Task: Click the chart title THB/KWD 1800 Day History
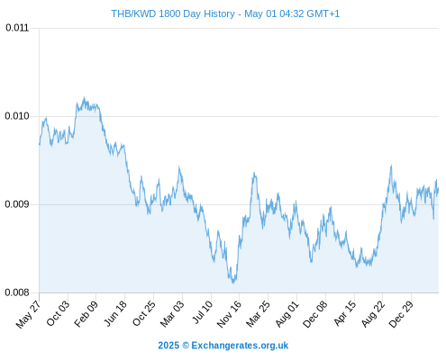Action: pos(173,13)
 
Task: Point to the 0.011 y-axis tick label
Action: pos(17,28)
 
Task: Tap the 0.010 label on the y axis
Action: pos(17,116)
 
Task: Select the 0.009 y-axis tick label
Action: pos(17,204)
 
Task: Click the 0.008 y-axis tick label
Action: pos(17,292)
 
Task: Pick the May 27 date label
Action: pos(28,314)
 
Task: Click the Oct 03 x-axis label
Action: pos(58,313)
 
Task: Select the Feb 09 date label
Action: pos(86,313)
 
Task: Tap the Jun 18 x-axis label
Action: pos(115,313)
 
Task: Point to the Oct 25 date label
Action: pos(144,313)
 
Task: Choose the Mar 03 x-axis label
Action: pos(172,313)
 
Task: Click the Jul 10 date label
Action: pos(203,311)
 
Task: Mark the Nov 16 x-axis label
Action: pos(229,314)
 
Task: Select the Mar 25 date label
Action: pos(258,313)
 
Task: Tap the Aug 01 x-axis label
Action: pos(287,313)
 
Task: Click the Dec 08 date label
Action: pos(315,314)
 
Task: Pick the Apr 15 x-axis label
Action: pos(345,313)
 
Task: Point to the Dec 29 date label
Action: pos(401,314)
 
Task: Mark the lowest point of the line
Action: pos(233,283)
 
